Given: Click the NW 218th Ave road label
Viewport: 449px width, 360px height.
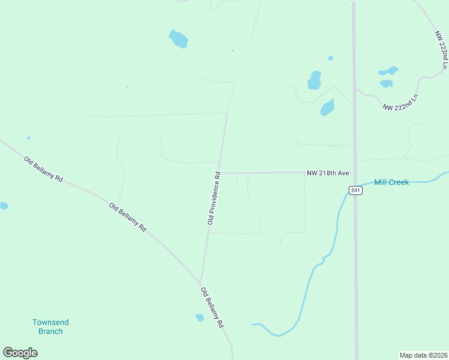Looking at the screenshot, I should (328, 173).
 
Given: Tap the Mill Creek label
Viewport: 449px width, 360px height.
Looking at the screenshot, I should (391, 182).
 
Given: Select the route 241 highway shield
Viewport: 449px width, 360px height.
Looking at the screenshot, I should (355, 190).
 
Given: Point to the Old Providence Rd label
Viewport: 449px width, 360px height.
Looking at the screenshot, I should (214, 198).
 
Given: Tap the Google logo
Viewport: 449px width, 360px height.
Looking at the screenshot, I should (20, 353).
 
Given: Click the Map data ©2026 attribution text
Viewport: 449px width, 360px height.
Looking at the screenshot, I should (423, 355).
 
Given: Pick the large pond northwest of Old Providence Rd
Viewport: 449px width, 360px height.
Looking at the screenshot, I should (178, 39).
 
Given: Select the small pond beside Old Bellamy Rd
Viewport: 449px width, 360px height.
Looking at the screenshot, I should (200, 317).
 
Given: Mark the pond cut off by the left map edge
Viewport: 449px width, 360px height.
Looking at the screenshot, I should (3, 206).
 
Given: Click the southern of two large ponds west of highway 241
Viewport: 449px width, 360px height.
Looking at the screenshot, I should (327, 107).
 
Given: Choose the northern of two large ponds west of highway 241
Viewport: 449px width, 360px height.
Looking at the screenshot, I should (315, 80).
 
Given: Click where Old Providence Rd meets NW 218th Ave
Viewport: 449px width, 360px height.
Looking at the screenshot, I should (220, 173).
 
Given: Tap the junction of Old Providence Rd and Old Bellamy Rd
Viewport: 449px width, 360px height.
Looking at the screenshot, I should (201, 281).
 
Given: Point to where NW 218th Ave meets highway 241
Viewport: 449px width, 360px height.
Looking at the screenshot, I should (355, 172).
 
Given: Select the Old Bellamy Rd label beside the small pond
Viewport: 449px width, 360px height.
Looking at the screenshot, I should (212, 307).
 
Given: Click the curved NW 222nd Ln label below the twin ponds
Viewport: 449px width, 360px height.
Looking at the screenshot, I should (400, 102).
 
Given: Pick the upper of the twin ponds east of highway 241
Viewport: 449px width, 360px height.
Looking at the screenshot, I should (389, 71).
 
